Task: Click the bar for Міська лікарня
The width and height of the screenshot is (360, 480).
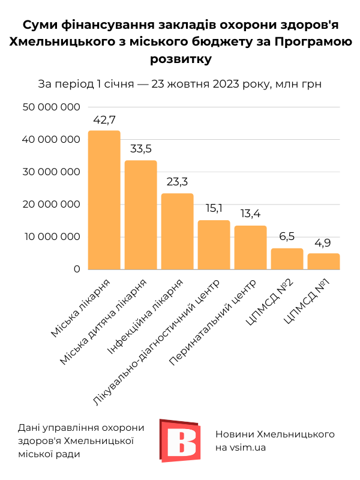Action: point(104,200)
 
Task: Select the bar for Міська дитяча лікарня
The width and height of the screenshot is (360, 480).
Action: point(141,215)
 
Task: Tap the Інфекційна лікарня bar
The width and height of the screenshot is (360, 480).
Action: point(178,232)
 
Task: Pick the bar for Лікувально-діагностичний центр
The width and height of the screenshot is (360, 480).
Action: point(214,245)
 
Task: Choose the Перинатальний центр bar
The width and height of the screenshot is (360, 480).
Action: point(251,247)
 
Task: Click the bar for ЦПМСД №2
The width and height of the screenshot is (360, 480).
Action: point(287,259)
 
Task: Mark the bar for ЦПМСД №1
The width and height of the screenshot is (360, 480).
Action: point(324,261)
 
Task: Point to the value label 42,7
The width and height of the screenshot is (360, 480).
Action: point(104,120)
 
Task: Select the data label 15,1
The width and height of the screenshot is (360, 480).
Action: point(214,209)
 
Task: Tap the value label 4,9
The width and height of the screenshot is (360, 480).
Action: point(324,242)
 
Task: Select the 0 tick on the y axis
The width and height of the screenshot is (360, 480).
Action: point(77,269)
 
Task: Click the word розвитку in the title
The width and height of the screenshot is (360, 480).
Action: point(179,59)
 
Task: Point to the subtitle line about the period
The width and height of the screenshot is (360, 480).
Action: point(179,83)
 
